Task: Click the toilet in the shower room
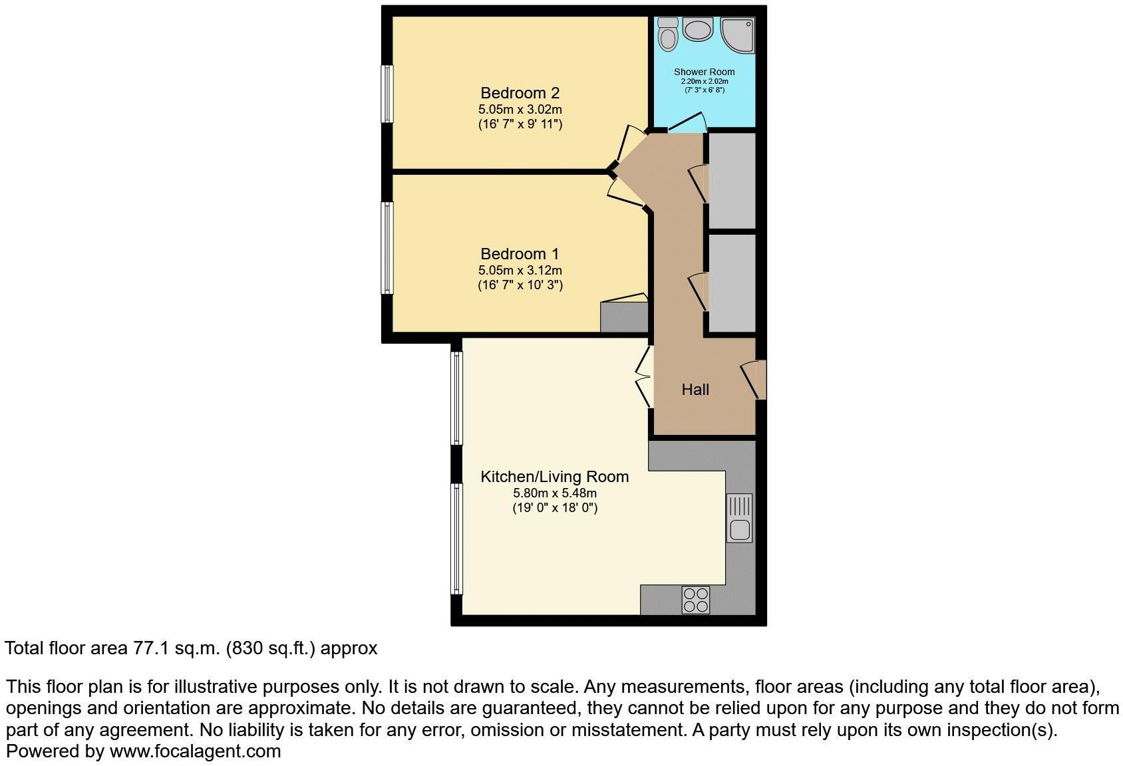(x=668, y=34)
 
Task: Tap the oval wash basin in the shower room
(x=699, y=31)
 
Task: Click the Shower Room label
(x=704, y=72)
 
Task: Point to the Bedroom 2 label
(x=520, y=93)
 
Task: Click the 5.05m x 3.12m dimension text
(x=520, y=271)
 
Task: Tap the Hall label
(x=695, y=390)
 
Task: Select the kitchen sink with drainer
(x=739, y=518)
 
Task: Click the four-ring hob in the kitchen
(x=695, y=600)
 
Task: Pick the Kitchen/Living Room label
(x=554, y=477)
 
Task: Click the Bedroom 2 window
(x=387, y=93)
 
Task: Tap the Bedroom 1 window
(x=387, y=247)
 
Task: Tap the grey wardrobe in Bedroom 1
(x=624, y=317)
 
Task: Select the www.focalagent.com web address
(x=195, y=752)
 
